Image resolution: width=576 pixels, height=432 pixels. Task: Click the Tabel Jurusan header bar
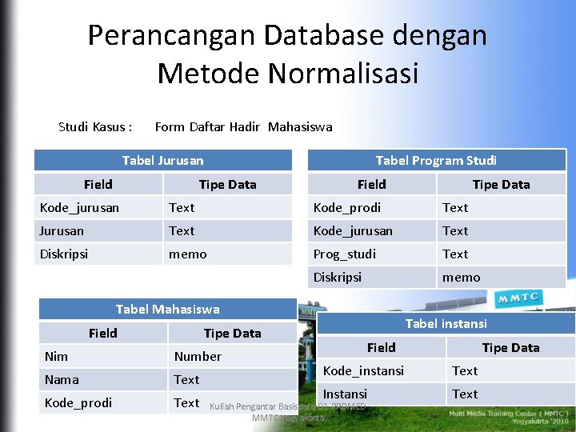162,160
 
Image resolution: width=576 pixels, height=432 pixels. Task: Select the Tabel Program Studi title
436,160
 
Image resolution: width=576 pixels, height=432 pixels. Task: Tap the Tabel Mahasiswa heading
167,309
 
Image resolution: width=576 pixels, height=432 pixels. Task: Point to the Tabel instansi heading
446,323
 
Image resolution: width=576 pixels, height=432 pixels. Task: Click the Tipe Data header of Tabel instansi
510,347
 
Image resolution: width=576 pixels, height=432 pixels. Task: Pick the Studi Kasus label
95,126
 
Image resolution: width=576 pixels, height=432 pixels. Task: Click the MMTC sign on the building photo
518,299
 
